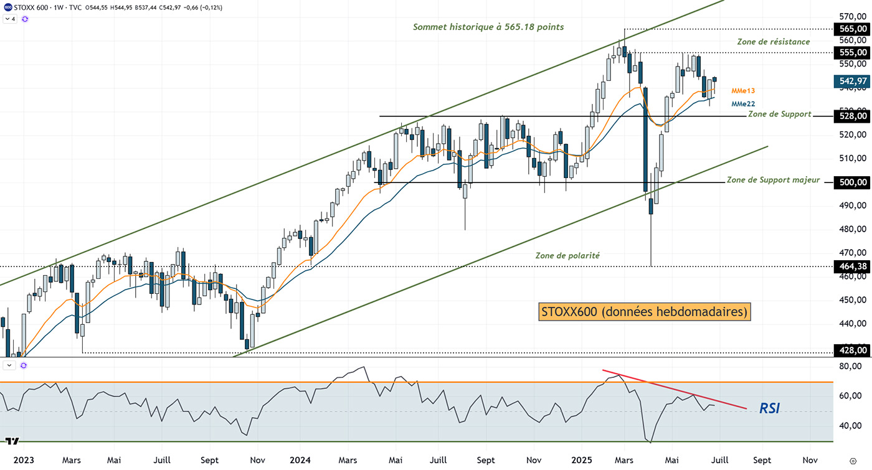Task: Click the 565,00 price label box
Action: tap(851, 29)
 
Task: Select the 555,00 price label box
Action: tap(851, 52)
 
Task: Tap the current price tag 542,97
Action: tap(851, 81)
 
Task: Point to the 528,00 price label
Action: tap(851, 116)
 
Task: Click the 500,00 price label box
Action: tap(851, 182)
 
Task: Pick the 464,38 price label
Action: tap(851, 266)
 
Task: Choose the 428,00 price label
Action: tap(851, 350)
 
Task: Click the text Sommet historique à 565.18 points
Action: tap(488, 27)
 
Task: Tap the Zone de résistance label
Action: tap(773, 42)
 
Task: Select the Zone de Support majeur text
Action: tap(773, 180)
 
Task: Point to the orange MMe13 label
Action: tap(743, 91)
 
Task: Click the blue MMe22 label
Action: tap(743, 104)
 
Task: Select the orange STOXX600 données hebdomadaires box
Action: tap(644, 311)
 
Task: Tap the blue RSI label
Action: tap(769, 408)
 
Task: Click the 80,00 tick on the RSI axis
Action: tap(851, 367)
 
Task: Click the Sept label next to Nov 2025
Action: tap(762, 461)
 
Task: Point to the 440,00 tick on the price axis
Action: tap(851, 324)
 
